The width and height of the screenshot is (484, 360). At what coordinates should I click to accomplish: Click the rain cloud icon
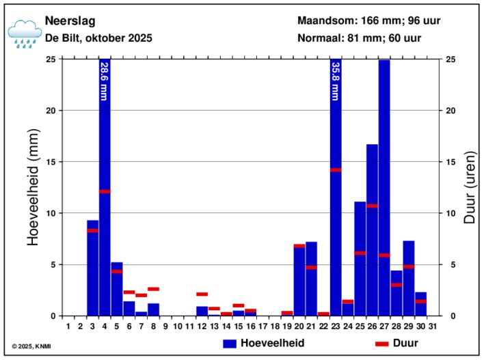[x=25, y=33]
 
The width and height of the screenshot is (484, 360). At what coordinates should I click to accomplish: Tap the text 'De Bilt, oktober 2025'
[x=98, y=38]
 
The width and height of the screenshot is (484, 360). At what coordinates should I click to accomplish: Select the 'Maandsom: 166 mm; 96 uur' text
[x=368, y=20]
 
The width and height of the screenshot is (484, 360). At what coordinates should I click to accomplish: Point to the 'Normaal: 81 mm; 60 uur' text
[x=359, y=38]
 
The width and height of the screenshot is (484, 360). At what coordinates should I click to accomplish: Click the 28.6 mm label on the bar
[x=104, y=81]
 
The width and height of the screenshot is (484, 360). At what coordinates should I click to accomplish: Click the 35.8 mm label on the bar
[x=335, y=81]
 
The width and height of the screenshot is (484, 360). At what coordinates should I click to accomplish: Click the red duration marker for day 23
[x=335, y=169]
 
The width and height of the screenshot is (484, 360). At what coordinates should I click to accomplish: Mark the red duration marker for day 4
[x=105, y=191]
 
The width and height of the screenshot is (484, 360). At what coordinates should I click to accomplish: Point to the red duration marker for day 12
[x=202, y=294]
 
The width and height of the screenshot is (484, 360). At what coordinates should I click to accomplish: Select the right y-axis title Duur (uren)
[x=470, y=187]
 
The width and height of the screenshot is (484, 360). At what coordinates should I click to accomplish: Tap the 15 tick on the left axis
[x=50, y=162]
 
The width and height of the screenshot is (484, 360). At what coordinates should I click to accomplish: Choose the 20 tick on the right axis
[x=451, y=111]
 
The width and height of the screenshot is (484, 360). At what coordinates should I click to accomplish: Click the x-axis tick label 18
[x=274, y=326]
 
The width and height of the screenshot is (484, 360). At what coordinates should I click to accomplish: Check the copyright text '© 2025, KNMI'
[x=31, y=346]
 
